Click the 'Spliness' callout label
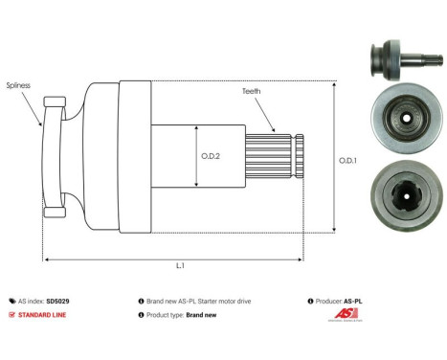18,85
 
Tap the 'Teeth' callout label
251,92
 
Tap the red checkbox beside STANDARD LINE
11,314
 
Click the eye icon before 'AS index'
11,301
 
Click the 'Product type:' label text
160,314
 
